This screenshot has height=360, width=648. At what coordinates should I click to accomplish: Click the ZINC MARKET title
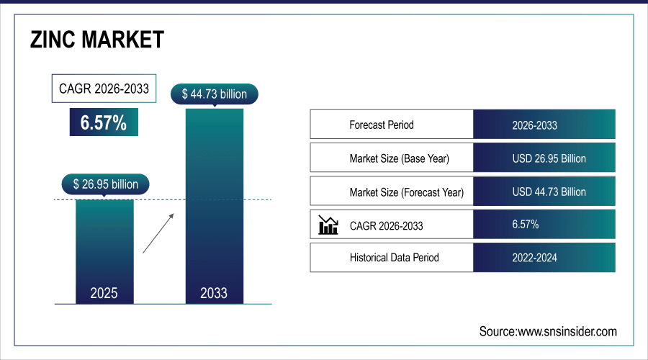97,40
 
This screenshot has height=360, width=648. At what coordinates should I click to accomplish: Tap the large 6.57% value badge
104,123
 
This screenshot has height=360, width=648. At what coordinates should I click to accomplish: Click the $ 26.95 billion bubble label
105,184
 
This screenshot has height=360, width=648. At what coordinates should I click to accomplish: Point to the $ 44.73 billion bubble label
215,94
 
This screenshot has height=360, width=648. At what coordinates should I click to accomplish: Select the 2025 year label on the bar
104,293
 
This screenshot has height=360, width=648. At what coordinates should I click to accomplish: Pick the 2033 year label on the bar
214,293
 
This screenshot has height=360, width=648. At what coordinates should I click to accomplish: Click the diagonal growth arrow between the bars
158,233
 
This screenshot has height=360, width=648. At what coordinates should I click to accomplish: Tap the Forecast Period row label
382,125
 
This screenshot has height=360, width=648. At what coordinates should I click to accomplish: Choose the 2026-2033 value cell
534,125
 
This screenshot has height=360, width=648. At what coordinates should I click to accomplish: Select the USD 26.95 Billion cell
549,158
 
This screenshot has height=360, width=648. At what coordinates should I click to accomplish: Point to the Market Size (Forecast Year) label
407,192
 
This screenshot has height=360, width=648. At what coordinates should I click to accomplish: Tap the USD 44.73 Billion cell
549,192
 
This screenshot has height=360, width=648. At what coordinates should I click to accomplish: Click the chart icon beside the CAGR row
328,225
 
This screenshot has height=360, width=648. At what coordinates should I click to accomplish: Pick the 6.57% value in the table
526,225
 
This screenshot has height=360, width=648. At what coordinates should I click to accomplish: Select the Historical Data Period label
394,257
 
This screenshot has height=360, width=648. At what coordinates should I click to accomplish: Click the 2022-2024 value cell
534,257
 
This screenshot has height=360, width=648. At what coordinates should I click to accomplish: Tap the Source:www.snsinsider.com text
548,331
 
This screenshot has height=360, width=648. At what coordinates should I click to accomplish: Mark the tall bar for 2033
214,202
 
